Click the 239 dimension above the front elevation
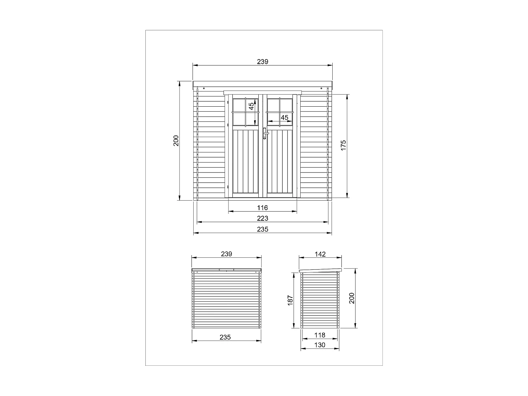(x=263, y=62)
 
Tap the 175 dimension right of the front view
(x=344, y=146)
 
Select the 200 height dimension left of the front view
(x=176, y=140)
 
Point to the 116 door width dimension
(x=263, y=208)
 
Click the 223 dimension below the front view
(x=263, y=218)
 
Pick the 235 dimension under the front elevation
(x=263, y=229)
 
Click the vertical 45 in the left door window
(x=251, y=106)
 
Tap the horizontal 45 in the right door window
(x=284, y=117)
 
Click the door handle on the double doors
(x=265, y=134)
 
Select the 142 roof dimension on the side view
(x=320, y=254)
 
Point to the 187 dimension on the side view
(x=290, y=300)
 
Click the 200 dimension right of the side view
(x=351, y=298)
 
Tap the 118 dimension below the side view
(x=320, y=335)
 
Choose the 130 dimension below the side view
(x=320, y=345)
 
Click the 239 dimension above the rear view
(x=227, y=254)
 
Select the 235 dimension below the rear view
(x=225, y=337)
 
